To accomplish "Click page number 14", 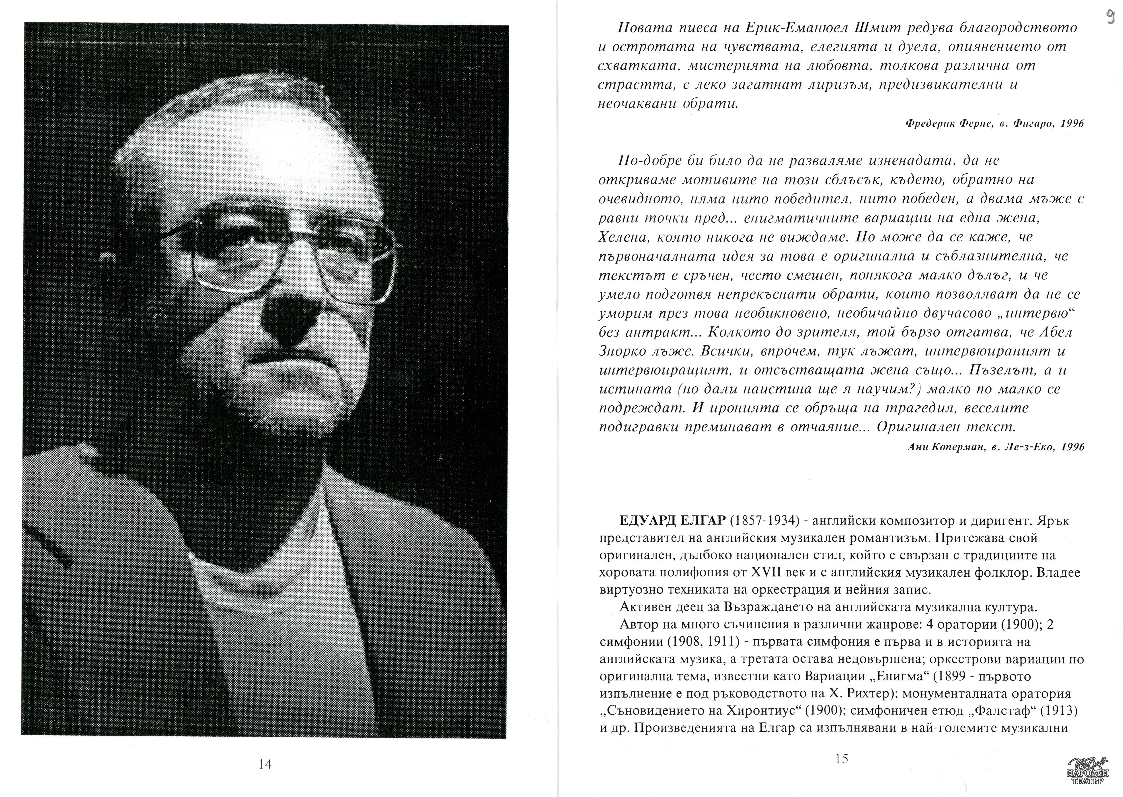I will click(x=265, y=764).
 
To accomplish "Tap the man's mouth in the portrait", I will click(x=294, y=376).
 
